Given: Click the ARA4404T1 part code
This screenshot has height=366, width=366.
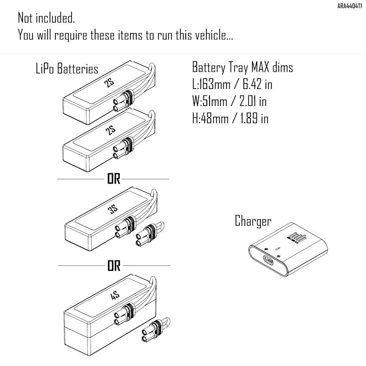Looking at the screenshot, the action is point(350,6).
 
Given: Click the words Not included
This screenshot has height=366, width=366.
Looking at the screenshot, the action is point(46,18).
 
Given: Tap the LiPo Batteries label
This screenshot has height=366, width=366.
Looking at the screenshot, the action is point(67,68).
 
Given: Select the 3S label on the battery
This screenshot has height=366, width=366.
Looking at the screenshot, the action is point(113,209).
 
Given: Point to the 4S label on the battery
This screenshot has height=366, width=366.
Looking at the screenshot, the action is point(115,295).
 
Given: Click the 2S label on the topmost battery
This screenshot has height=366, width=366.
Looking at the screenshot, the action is point(109,82).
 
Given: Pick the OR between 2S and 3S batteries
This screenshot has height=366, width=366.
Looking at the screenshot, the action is point(113,179).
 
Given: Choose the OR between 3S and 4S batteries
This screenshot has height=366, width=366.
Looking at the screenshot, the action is point(114,266).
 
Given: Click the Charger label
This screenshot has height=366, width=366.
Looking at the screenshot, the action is point(253,221).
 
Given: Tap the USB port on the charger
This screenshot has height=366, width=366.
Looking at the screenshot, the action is point(268,260).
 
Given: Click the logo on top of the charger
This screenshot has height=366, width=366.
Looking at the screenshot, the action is point(296,238).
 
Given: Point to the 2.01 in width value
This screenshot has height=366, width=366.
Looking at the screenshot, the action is point(253,101).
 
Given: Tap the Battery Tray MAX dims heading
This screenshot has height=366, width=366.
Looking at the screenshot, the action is point(242,67).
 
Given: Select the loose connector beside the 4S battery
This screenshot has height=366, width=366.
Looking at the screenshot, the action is point(156,329).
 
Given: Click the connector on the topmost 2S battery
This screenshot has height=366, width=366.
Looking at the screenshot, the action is point(124,100).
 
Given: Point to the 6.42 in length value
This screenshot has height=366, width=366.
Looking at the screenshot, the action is point(258,84).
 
